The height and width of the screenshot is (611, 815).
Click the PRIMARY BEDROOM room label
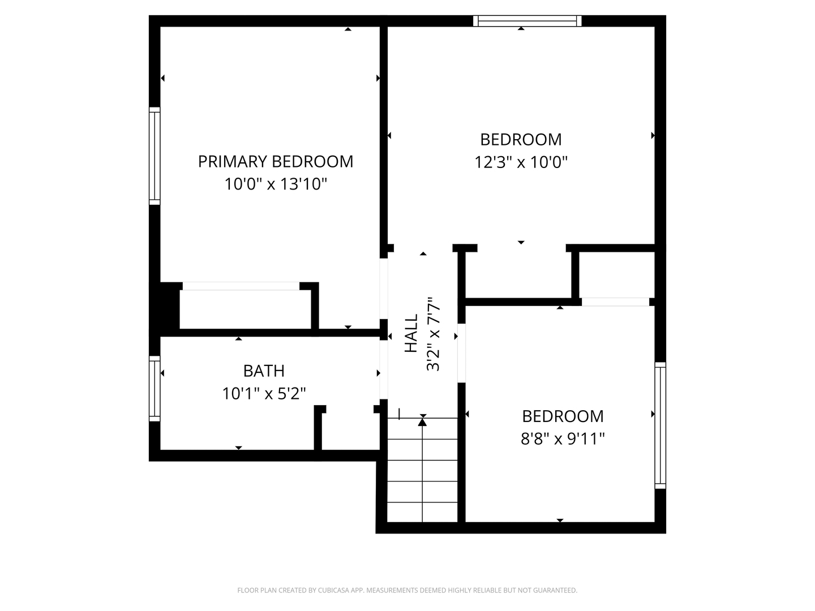pyautogui.click(x=276, y=161)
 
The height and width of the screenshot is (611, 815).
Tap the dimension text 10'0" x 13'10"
pyautogui.click(x=276, y=184)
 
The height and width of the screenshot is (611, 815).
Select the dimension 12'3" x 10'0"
pyautogui.click(x=521, y=162)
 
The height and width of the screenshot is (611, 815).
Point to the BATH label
pyautogui.click(x=264, y=371)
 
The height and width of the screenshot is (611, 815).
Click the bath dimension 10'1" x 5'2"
pyautogui.click(x=264, y=393)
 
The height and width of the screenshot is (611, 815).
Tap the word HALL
pyautogui.click(x=411, y=333)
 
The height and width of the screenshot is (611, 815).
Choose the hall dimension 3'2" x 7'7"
pyautogui.click(x=433, y=334)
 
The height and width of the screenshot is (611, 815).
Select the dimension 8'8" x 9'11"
pyautogui.click(x=563, y=439)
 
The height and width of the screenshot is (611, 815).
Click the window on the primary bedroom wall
pyautogui.click(x=155, y=156)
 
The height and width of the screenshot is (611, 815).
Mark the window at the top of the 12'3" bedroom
pyautogui.click(x=527, y=21)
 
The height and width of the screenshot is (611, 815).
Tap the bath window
pyautogui.click(x=155, y=389)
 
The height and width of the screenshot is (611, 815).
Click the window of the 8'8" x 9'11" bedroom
pyautogui.click(x=660, y=425)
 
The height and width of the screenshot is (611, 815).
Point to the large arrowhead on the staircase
pyautogui.click(x=423, y=421)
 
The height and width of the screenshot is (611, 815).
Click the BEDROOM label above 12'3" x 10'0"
pyautogui.click(x=521, y=140)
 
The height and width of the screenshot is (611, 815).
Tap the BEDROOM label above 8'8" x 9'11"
pyautogui.click(x=563, y=416)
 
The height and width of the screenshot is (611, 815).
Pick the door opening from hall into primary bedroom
pyautogui.click(x=384, y=289)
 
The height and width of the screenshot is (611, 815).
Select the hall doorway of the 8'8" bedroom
pyautogui.click(x=461, y=353)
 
